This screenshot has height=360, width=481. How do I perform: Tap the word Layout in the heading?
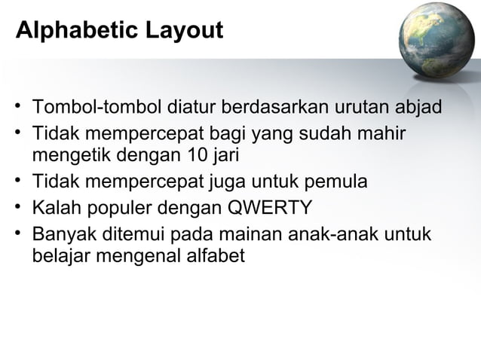[x=183, y=32]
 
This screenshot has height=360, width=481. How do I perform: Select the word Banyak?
[x=63, y=234]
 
